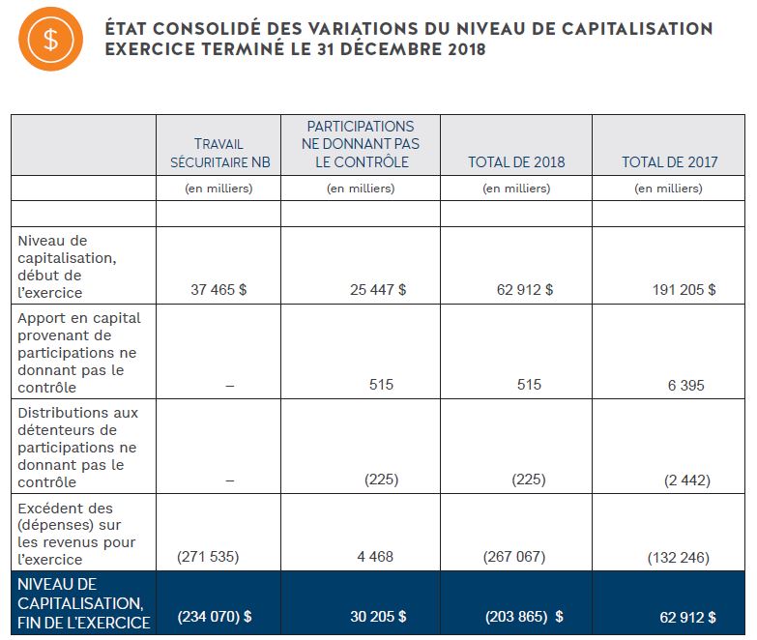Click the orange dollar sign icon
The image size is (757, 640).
[50, 39]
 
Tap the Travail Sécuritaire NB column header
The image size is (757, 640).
[220, 153]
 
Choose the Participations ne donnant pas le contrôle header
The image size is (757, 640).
[361, 144]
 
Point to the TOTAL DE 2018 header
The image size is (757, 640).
[516, 161]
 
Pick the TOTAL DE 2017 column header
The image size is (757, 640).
[670, 161]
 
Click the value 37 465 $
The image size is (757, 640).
[218, 290]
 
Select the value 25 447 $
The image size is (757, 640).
[378, 290]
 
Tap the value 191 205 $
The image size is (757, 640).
[684, 290]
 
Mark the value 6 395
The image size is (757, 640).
[686, 385]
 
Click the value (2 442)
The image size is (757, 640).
[687, 480]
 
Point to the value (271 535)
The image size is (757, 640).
[208, 557]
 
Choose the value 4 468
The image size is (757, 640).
[375, 557]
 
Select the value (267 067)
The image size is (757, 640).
[514, 557]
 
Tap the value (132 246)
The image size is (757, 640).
[679, 558]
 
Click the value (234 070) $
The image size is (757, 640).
[215, 617]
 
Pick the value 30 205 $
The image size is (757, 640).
[378, 617]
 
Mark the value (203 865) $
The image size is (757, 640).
[524, 617]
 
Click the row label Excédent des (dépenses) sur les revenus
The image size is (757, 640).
[76, 534]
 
